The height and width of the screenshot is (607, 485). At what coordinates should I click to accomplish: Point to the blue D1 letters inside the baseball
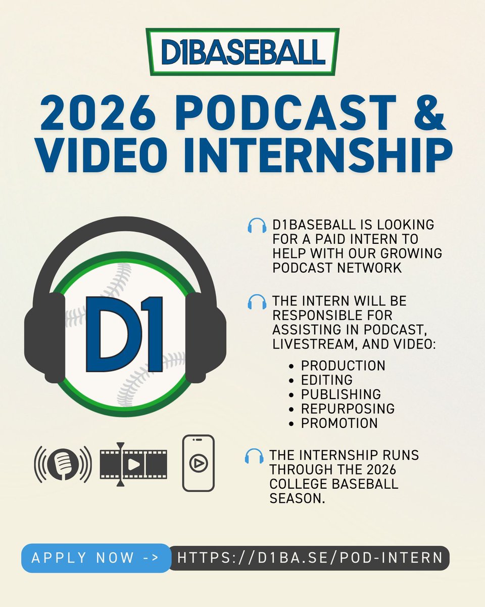click(x=124, y=334)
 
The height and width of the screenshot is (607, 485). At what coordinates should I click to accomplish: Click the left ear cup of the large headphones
click(x=44, y=338)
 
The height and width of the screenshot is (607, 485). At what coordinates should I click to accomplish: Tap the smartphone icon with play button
click(x=198, y=463)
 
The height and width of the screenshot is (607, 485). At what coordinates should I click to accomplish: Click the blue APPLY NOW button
click(x=95, y=558)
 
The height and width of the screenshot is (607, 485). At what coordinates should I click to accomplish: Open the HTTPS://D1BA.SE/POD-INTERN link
click(x=310, y=558)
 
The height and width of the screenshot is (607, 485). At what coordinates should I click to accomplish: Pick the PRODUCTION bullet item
click(x=343, y=365)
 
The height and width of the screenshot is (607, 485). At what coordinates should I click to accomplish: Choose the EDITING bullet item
click(x=326, y=379)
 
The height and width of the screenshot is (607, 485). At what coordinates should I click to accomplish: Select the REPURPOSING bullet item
click(x=348, y=408)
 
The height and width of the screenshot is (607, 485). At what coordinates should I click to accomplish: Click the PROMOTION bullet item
click(x=339, y=423)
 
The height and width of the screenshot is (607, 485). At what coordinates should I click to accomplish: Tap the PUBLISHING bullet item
click(x=341, y=394)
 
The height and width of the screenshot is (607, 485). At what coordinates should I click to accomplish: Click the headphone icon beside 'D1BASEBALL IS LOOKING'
click(x=257, y=226)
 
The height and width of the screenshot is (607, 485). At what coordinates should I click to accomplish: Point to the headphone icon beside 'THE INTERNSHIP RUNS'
click(x=254, y=456)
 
